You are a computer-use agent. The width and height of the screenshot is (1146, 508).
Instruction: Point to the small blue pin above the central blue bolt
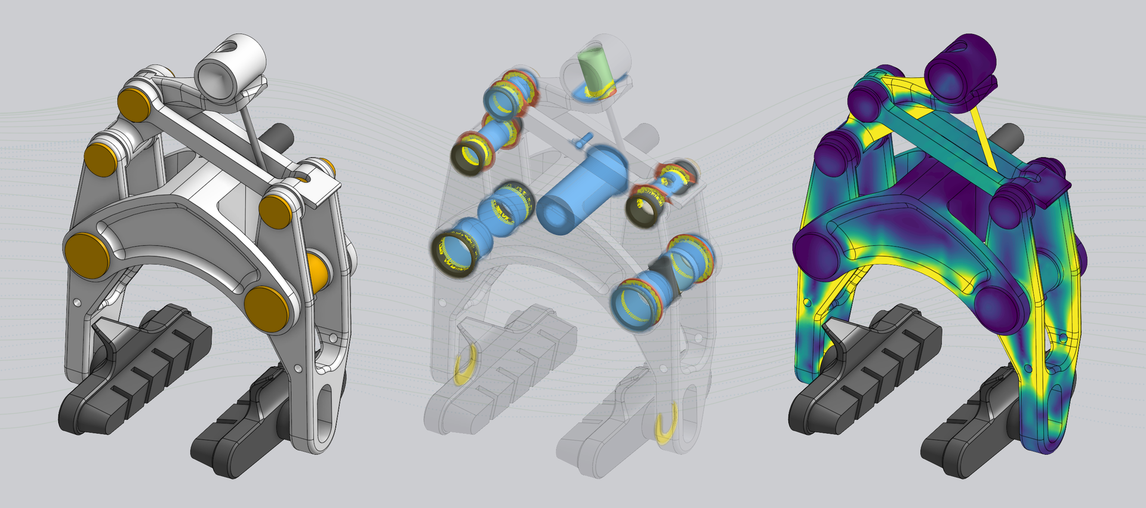(x=582, y=140)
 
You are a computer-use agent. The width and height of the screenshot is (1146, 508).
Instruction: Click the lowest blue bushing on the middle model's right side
(x=636, y=301)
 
